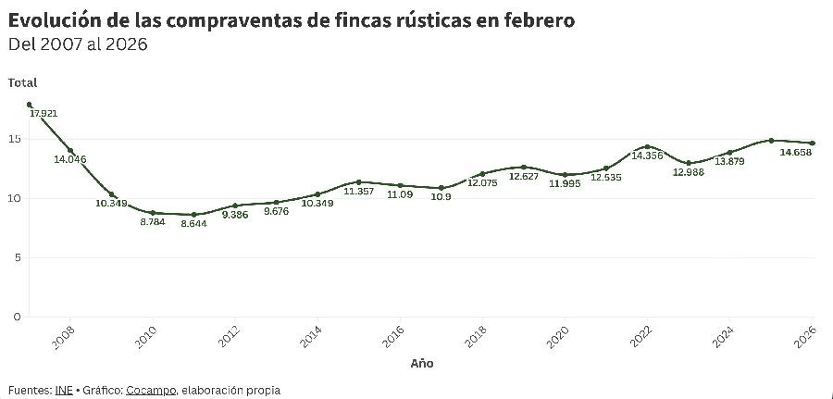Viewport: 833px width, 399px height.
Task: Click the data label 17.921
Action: [x=44, y=114]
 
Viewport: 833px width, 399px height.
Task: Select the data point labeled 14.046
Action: [x=70, y=151]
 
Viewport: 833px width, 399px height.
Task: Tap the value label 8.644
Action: [x=193, y=224]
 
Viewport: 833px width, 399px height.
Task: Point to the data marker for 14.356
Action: [x=648, y=147]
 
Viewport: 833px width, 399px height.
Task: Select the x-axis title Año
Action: [x=421, y=364]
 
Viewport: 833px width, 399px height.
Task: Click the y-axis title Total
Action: [x=22, y=82]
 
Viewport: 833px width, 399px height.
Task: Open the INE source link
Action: [x=63, y=391]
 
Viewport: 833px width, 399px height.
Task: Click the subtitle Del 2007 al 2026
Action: [x=78, y=44]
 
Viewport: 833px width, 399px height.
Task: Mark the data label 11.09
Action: [x=400, y=194]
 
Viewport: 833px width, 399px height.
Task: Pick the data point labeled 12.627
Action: [x=524, y=167]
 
